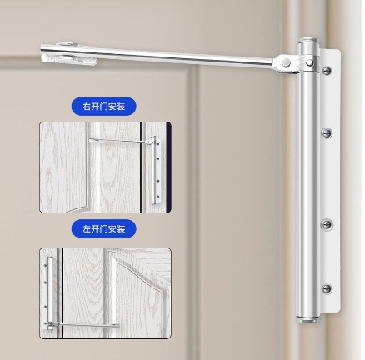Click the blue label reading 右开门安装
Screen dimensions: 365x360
pyautogui.click(x=104, y=107)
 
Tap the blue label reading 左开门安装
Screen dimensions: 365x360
pyautogui.click(x=104, y=229)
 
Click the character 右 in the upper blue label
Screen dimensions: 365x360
pyautogui.click(x=87, y=107)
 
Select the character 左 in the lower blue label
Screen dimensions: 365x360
pyautogui.click(x=87, y=229)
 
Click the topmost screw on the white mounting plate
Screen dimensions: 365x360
pyautogui.click(x=327, y=71)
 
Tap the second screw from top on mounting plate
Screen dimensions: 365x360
pyautogui.click(x=327, y=133)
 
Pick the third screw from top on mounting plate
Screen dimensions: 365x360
pyautogui.click(x=327, y=224)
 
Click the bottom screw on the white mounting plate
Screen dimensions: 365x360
pyautogui.click(x=327, y=289)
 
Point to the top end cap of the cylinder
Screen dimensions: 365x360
pyautogui.click(x=307, y=41)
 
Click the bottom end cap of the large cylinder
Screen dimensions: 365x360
pyautogui.click(x=307, y=319)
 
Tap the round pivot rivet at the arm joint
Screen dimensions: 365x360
pyautogui.click(x=285, y=63)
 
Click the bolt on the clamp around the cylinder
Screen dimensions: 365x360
pyautogui.click(x=310, y=63)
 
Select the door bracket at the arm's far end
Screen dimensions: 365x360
pyautogui.click(x=68, y=54)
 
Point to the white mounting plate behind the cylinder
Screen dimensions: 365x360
pyautogui.click(x=331, y=181)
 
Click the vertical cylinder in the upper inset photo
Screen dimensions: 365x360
pyautogui.click(x=153, y=170)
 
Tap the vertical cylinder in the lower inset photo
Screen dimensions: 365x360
pyautogui.click(x=50, y=293)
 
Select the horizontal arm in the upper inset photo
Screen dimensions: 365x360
pyautogui.click(x=121, y=141)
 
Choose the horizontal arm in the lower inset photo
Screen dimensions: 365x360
pyautogui.click(x=83, y=324)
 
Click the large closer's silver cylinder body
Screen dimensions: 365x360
pyautogui.click(x=307, y=181)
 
